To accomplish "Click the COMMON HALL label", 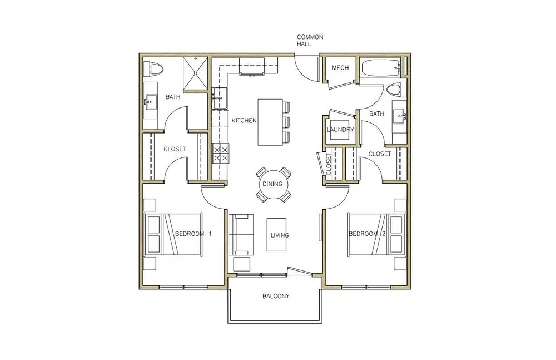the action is click(x=310, y=41).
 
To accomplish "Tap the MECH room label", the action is click(x=340, y=67).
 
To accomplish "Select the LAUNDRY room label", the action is click(x=340, y=129).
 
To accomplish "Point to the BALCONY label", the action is click(x=276, y=296).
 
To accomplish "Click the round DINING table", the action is click(x=272, y=184).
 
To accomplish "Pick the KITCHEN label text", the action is click(x=244, y=120).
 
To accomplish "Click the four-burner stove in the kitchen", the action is click(x=220, y=154).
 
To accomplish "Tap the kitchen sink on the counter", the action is click(x=219, y=98).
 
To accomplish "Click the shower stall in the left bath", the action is click(x=195, y=74).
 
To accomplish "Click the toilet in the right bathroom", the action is click(x=396, y=89).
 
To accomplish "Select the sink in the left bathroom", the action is click(x=150, y=102).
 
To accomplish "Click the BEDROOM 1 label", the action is click(x=193, y=234).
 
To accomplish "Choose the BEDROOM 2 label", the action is click(x=367, y=234).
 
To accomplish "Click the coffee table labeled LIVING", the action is click(x=276, y=234).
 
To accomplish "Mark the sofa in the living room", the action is click(x=241, y=234).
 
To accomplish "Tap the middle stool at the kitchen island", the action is click(x=286, y=122).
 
